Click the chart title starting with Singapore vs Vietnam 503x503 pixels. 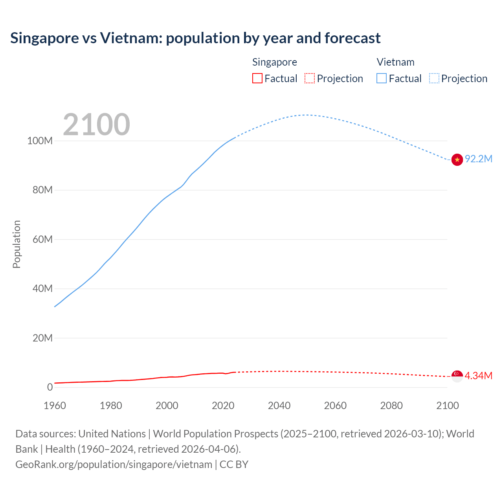click(x=195, y=38)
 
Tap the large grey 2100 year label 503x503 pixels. click(x=96, y=125)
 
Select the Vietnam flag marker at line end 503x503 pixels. click(x=457, y=160)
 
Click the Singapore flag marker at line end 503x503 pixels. click(x=457, y=376)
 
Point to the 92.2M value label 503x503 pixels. click(x=478, y=159)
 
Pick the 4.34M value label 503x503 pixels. click(x=478, y=376)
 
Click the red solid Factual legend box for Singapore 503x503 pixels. click(x=257, y=79)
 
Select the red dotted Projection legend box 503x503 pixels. click(x=310, y=79)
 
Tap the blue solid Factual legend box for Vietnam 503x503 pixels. click(x=382, y=79)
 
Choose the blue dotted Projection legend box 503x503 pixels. click(x=434, y=79)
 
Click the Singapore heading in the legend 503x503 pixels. click(x=274, y=62)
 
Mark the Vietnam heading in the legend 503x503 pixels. click(x=395, y=62)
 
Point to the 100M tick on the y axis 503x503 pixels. click(x=40, y=141)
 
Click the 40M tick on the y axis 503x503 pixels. click(x=42, y=288)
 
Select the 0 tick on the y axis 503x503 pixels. click(x=50, y=387)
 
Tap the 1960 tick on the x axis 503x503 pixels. click(x=55, y=406)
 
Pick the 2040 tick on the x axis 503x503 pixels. click(x=279, y=406)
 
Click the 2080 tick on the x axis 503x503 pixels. click(x=391, y=406)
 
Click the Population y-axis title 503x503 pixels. click(x=17, y=244)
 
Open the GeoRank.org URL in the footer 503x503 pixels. click(x=114, y=464)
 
